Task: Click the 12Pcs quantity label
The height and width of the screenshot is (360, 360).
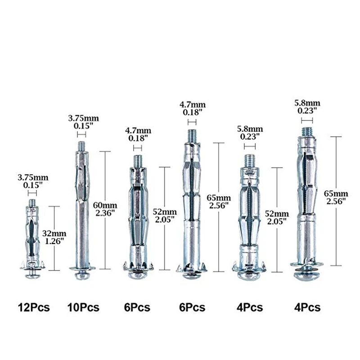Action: (x=34, y=307)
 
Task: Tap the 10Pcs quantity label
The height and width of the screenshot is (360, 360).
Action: (x=83, y=307)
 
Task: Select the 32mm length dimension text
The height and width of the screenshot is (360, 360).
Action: (x=54, y=234)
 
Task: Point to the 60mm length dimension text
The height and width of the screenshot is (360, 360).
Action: (x=105, y=205)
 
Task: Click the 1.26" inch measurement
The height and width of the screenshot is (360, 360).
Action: (x=54, y=241)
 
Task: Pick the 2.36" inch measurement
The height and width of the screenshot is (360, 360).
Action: (x=105, y=213)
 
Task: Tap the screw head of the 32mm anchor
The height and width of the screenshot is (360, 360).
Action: (x=32, y=274)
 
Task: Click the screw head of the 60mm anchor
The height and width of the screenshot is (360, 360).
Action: (x=82, y=275)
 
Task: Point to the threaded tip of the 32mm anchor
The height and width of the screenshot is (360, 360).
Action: (x=32, y=203)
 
